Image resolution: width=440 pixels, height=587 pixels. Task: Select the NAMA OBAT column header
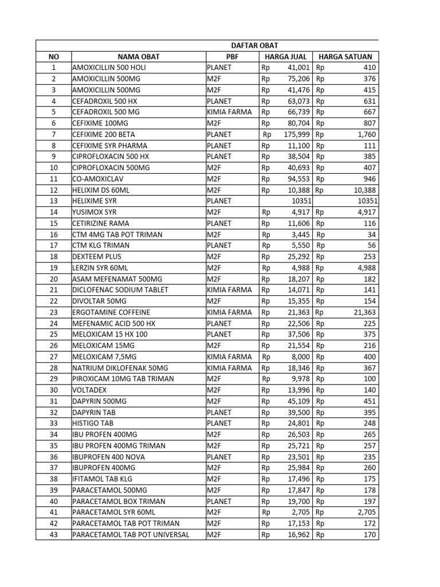coord(139,56)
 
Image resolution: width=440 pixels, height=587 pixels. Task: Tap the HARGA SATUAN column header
coord(345,56)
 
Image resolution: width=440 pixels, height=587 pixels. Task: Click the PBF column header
coord(231,56)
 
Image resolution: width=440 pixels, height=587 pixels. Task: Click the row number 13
coord(54,201)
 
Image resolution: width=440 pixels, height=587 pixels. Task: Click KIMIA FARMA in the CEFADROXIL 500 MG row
coord(229,112)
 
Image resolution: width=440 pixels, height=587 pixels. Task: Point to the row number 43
coord(54,535)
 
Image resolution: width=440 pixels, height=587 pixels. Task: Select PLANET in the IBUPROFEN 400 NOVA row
coord(219,457)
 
